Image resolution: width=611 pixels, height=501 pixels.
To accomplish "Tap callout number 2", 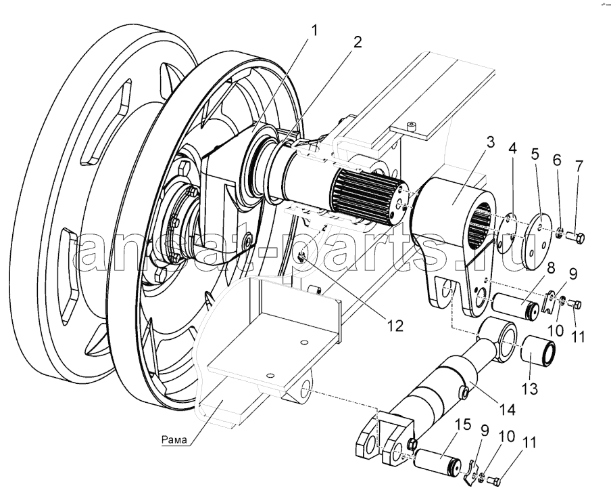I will (x=357, y=42).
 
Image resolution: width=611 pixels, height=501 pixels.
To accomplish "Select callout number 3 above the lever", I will (x=490, y=144).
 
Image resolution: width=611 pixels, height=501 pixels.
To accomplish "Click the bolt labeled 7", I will (x=577, y=237).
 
